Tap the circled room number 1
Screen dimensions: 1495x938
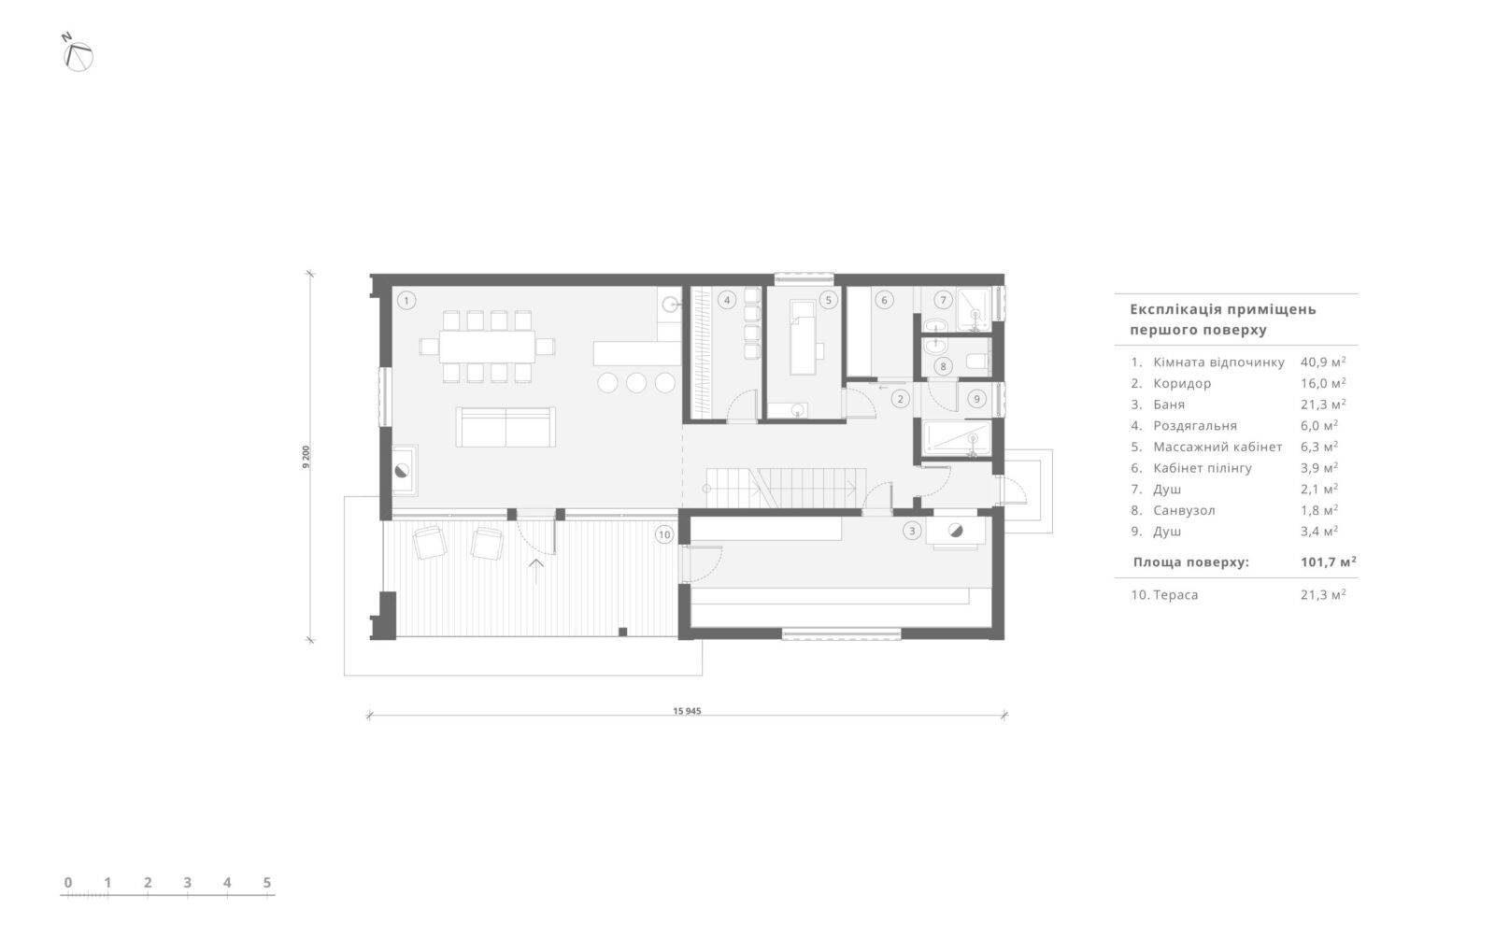click(406, 300)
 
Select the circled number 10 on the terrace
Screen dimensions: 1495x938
click(664, 534)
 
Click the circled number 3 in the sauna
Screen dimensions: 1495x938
click(912, 531)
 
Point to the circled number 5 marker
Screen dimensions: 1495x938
click(828, 300)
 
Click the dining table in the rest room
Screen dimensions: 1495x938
click(487, 347)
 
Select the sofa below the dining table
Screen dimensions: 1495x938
click(505, 427)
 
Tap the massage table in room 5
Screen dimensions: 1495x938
click(804, 337)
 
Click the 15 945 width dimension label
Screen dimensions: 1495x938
click(687, 711)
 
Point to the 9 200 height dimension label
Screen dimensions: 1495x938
click(306, 457)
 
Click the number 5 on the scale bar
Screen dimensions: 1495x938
click(267, 883)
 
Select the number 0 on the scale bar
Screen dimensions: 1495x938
click(68, 883)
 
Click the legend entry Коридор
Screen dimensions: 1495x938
click(1182, 384)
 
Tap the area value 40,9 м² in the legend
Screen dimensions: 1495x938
click(1323, 362)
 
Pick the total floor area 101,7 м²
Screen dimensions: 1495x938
click(1328, 561)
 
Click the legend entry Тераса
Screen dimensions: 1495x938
click(1175, 594)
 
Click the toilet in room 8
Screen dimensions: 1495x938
click(977, 361)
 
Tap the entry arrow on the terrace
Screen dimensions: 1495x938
click(536, 572)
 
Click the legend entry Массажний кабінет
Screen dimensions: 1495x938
click(1217, 447)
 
